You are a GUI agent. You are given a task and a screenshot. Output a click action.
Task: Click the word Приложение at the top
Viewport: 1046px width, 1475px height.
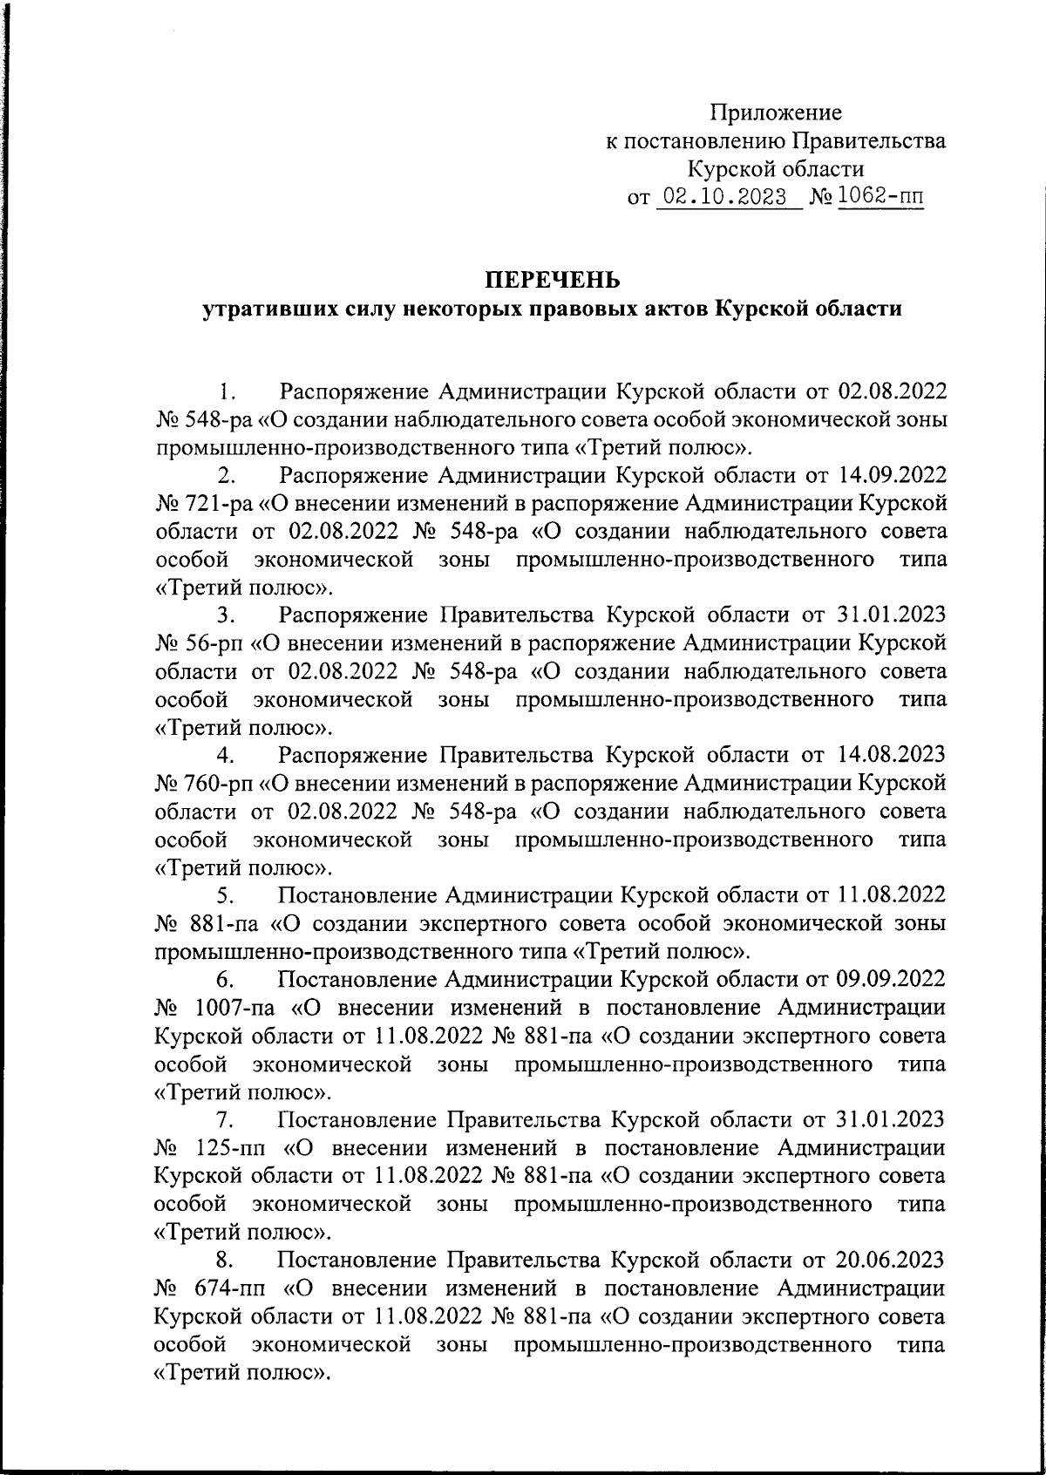tap(775, 112)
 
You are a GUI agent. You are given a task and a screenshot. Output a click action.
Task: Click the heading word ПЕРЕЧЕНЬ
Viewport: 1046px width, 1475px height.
tap(552, 280)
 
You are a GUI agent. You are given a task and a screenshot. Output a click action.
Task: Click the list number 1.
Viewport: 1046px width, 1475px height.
tap(228, 391)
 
